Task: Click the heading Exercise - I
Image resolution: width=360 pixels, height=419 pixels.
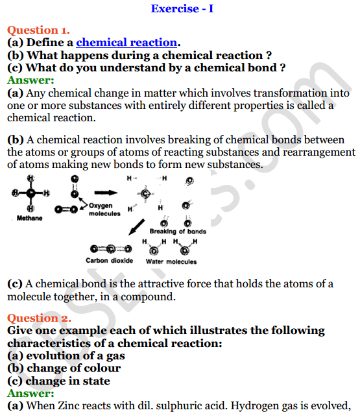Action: pyautogui.click(x=181, y=8)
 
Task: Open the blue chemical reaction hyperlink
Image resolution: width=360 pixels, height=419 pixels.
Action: pyautogui.click(x=127, y=43)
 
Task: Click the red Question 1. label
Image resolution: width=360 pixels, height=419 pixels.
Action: pyautogui.click(x=38, y=30)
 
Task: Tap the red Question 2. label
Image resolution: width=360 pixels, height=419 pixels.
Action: pyautogui.click(x=38, y=318)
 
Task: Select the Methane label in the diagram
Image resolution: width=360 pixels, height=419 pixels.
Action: pyautogui.click(x=30, y=219)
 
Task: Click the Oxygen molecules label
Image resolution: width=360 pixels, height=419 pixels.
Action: pyautogui.click(x=104, y=210)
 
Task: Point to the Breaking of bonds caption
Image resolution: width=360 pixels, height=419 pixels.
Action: pyautogui.click(x=178, y=232)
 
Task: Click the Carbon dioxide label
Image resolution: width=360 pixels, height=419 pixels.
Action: pyautogui.click(x=109, y=261)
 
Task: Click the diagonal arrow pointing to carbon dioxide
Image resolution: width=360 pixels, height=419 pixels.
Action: pyautogui.click(x=136, y=228)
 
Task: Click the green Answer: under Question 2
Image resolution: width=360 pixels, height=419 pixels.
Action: pyautogui.click(x=30, y=393)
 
